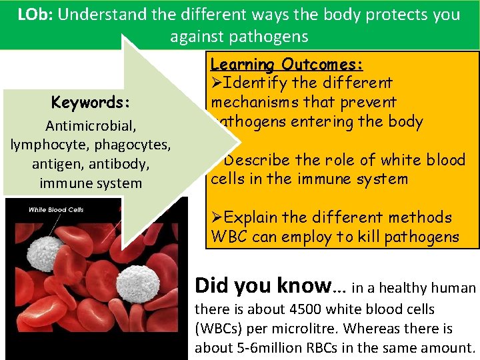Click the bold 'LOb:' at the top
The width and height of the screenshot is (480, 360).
37,15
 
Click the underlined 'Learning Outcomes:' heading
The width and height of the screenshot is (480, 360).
287,65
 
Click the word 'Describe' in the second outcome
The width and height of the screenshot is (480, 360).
260,160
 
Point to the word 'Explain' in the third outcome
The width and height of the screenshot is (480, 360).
254,217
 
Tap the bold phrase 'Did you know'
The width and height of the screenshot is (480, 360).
262,286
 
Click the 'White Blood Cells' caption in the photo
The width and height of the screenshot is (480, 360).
56,209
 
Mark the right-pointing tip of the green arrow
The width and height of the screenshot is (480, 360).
238,142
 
